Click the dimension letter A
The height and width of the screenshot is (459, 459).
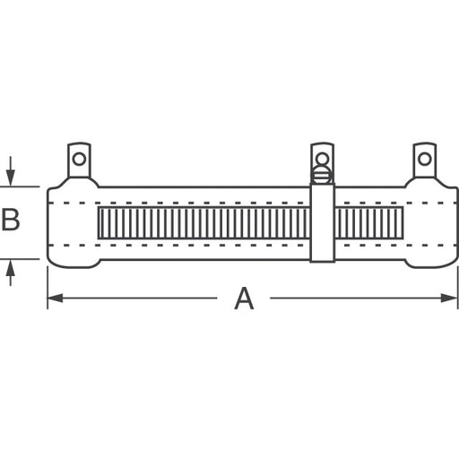pos(244,299)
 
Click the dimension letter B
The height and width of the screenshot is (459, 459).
pos(11,220)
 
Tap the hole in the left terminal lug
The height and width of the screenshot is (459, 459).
pos(79,159)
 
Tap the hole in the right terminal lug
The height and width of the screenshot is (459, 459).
pos(424,159)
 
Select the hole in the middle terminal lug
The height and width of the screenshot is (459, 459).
pos(322,158)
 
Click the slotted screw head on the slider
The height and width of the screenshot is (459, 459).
pos(322,175)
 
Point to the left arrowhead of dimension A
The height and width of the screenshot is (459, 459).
pos(56,298)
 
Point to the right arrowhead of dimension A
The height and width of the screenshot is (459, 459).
pos(449,298)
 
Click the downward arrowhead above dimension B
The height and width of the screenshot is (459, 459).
pos(11,178)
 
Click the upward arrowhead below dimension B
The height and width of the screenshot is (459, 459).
pos(11,268)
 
